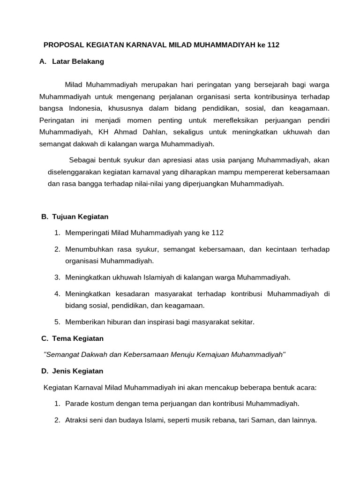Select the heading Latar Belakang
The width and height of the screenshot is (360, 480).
(x=78, y=61)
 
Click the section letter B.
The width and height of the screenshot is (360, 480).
(x=45, y=217)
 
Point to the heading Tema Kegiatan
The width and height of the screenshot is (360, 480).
(x=78, y=338)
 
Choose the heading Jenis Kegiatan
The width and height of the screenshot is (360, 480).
(x=78, y=371)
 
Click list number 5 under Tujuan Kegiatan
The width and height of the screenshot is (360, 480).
(x=57, y=322)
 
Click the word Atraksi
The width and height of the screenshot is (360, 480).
(x=78, y=420)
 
